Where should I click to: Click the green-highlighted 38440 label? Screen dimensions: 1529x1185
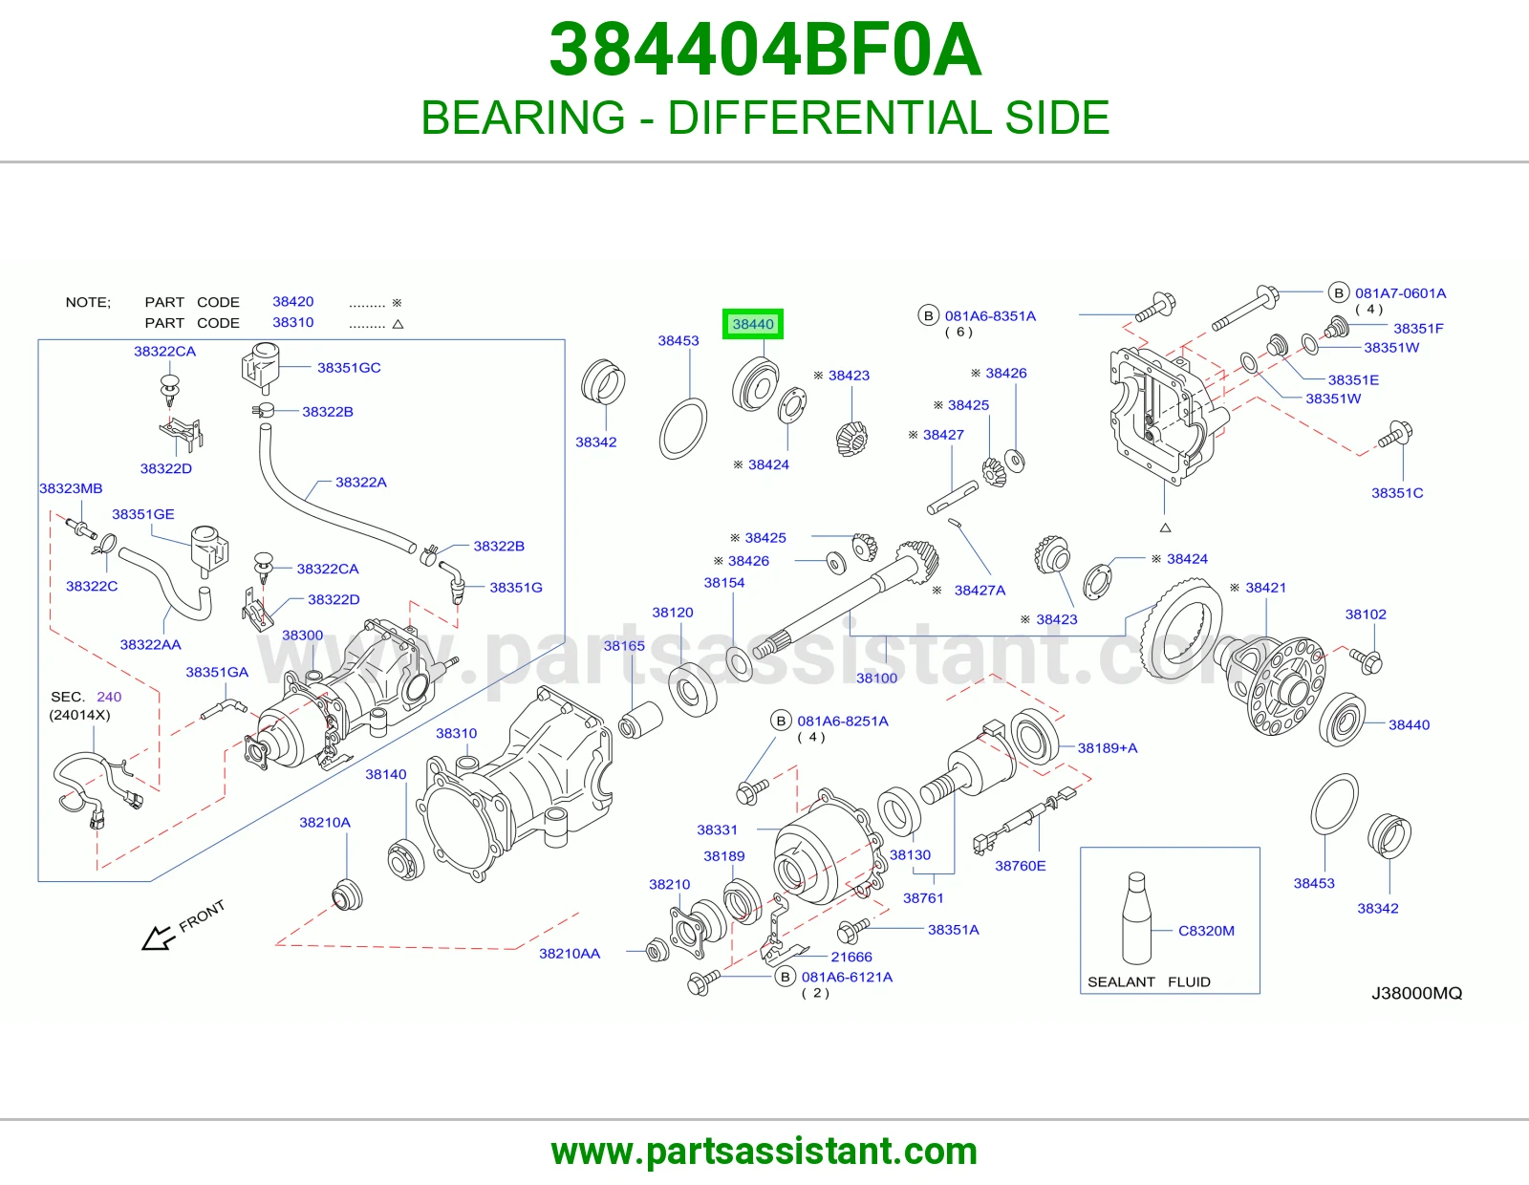pyautogui.click(x=752, y=324)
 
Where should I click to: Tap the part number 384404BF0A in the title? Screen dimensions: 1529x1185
pyautogui.click(x=764, y=50)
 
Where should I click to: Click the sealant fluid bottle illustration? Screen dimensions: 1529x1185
pyautogui.click(x=1136, y=917)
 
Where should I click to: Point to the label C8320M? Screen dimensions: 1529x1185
pyautogui.click(x=1206, y=930)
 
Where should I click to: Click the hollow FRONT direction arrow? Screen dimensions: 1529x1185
pyautogui.click(x=159, y=938)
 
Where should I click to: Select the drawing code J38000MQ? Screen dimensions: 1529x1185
pyautogui.click(x=1416, y=993)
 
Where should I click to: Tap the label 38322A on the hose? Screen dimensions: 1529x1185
pyautogui.click(x=361, y=482)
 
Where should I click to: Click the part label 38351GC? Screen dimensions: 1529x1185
pyautogui.click(x=349, y=367)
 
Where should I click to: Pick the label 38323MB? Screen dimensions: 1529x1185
pyautogui.click(x=71, y=488)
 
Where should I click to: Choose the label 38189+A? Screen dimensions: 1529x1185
pyautogui.click(x=1108, y=748)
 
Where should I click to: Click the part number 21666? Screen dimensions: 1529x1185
pyautogui.click(x=851, y=957)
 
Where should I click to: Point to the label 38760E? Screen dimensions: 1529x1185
pyautogui.click(x=1021, y=866)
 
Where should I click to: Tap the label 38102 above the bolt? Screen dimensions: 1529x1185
pyautogui.click(x=1366, y=614)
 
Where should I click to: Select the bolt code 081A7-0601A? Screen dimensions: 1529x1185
pyautogui.click(x=1400, y=293)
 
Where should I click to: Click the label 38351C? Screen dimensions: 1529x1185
pyautogui.click(x=1397, y=493)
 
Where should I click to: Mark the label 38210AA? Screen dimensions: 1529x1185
pyautogui.click(x=570, y=954)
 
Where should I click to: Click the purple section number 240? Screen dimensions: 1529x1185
pyautogui.click(x=109, y=697)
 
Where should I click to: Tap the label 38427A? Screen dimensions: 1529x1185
pyautogui.click(x=980, y=591)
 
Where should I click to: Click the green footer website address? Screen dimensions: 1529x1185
pyautogui.click(x=764, y=1152)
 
